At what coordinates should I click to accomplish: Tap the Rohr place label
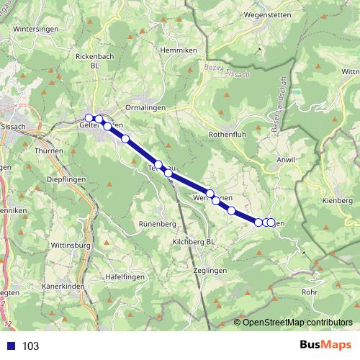[310, 292]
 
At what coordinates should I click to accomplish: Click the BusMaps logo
[325, 345]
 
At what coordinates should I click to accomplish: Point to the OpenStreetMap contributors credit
[296, 322]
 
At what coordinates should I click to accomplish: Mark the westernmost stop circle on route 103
[89, 117]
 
